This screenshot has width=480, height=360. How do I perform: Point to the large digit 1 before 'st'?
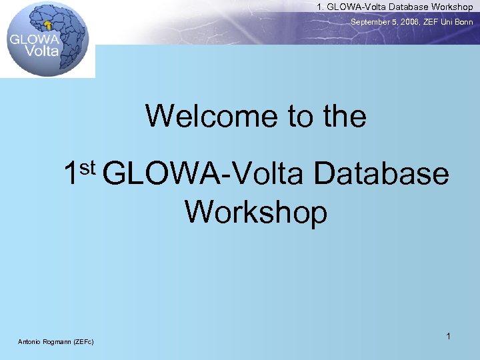(71, 174)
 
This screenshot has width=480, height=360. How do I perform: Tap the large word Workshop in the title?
(256, 212)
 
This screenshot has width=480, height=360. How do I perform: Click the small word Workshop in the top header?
(451, 7)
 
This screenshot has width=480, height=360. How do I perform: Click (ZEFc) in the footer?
(84, 342)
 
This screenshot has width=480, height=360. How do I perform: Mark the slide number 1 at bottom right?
(449, 337)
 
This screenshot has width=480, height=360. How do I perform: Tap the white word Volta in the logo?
(42, 50)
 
